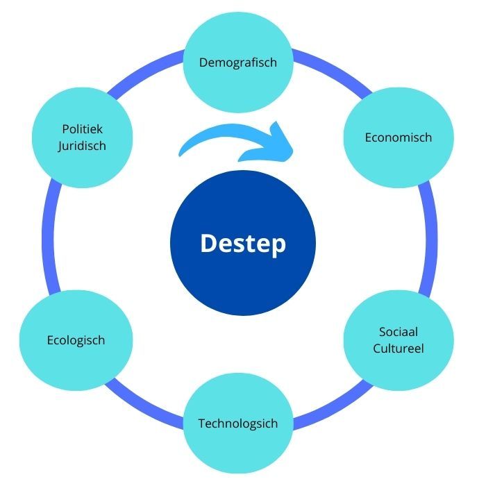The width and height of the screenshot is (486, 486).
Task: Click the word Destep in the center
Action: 242,244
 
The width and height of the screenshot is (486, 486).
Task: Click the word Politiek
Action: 87,129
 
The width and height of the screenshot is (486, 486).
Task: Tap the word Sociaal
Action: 398,332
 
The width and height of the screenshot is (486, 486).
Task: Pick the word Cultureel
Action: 398,348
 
